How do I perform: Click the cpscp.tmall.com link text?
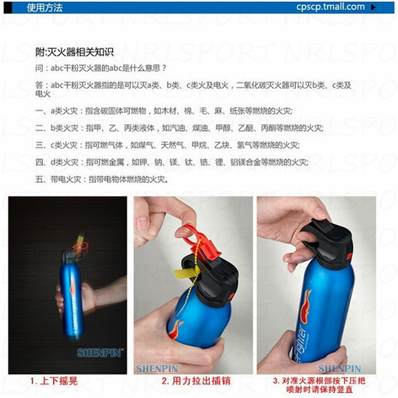point(330,7)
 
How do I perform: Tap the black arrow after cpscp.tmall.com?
point(373,7)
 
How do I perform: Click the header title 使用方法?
point(45,8)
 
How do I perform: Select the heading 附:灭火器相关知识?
point(75,52)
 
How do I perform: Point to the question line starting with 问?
point(101,68)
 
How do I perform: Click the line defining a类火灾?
point(164,111)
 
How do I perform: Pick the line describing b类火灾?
point(179,128)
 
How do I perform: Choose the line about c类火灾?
point(168,145)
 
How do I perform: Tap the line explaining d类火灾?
point(172,162)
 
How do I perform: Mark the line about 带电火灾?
point(102,179)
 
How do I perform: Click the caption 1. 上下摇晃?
point(54,381)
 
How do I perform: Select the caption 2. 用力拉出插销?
point(196,381)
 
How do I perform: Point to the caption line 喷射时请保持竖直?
point(320,389)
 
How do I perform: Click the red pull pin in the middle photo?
point(203,244)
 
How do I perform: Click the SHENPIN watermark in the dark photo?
point(100,353)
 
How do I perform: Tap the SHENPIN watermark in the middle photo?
point(157,369)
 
